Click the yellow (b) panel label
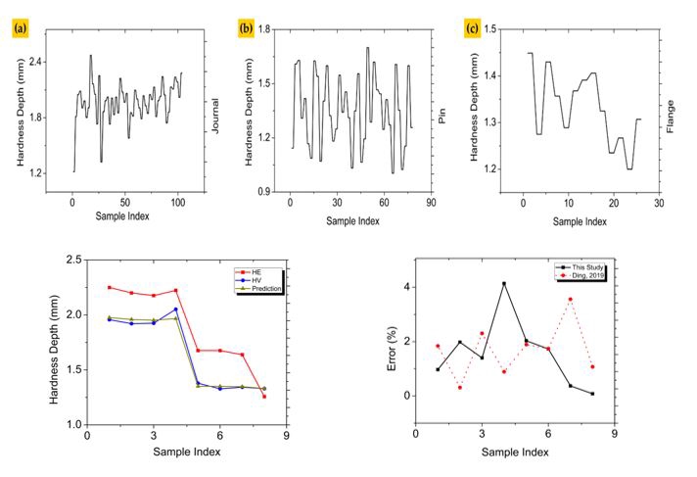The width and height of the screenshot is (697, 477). (x=247, y=27)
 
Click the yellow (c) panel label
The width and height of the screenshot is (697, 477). (x=473, y=27)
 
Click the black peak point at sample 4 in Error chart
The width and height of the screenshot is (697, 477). (x=504, y=284)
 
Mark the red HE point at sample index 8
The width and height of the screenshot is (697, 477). (x=263, y=396)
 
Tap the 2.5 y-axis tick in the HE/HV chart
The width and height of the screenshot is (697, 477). (x=71, y=261)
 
